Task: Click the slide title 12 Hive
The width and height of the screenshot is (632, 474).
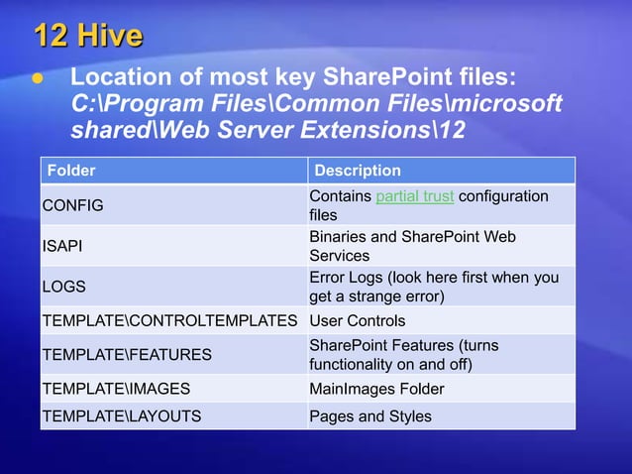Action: [88, 37]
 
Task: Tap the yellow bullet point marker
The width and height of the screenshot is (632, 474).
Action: [40, 78]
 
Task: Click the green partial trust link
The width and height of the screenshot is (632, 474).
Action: [415, 196]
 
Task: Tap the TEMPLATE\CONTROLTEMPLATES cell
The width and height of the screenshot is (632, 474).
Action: [169, 321]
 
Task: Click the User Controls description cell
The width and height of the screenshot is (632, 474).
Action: [358, 321]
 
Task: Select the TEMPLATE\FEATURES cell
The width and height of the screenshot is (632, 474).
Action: [126, 354]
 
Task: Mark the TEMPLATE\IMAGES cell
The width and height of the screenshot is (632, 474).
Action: [115, 389]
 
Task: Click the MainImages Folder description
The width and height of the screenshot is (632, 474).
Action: [376, 389]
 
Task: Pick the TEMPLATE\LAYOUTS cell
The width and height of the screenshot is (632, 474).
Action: [121, 416]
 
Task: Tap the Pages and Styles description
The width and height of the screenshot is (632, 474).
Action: [370, 416]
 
